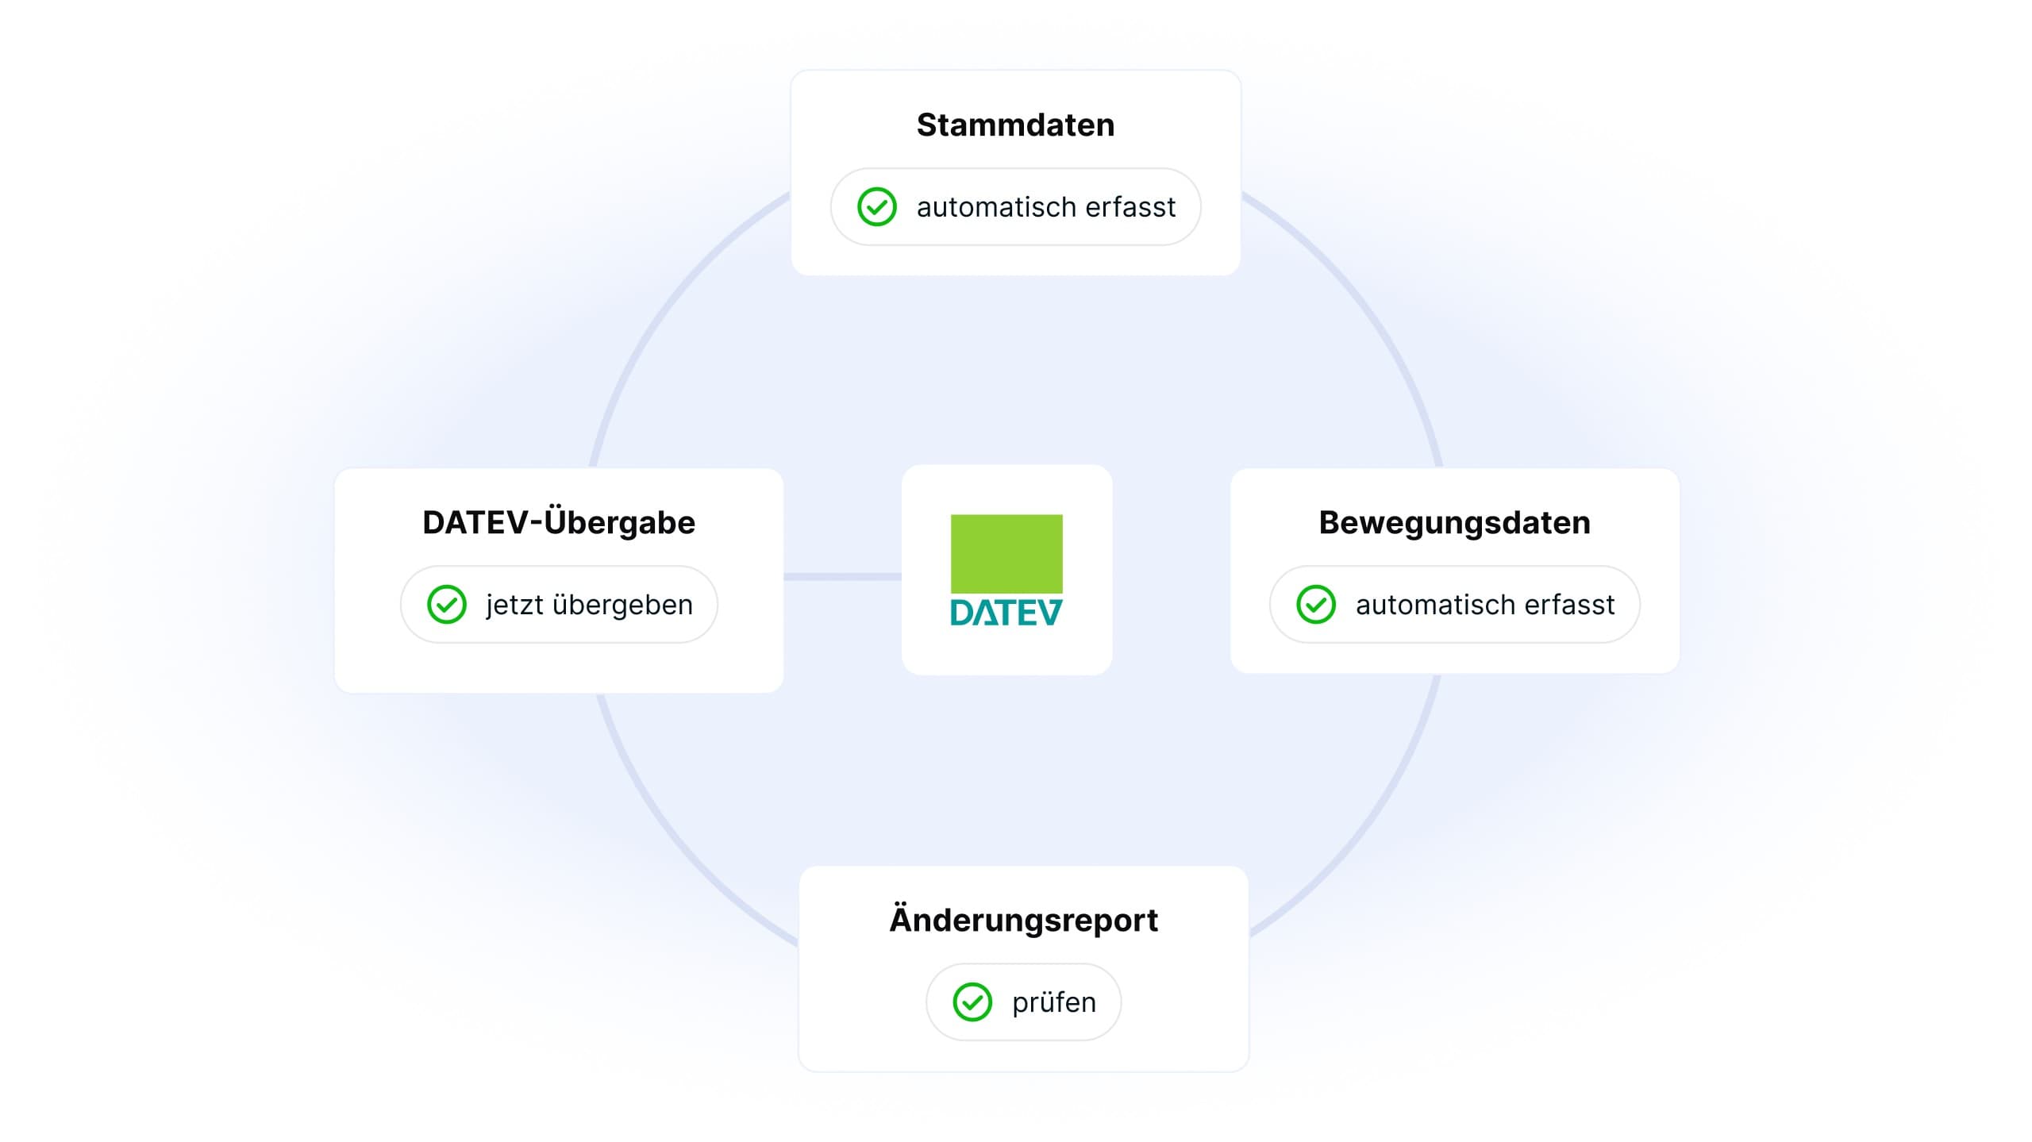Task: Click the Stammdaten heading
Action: pos(1015,125)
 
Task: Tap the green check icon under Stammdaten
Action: pos(877,207)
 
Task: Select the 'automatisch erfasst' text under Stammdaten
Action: pos(1046,207)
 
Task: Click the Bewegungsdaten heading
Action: pos(1454,523)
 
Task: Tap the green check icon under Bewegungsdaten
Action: pos(1316,605)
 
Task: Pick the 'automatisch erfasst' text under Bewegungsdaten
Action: pos(1485,605)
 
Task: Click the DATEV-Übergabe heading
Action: pos(559,522)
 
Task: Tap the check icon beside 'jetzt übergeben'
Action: pos(447,605)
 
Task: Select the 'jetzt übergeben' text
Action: pos(590,605)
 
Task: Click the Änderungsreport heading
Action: pos(1023,919)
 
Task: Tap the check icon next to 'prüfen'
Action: pos(972,1002)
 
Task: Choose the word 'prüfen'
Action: pos(1054,1003)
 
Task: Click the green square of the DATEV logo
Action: pos(1006,554)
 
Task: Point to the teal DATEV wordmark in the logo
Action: pos(1006,612)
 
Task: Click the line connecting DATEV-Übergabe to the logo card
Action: pos(842,577)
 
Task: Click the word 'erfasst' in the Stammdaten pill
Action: pos(1130,207)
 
